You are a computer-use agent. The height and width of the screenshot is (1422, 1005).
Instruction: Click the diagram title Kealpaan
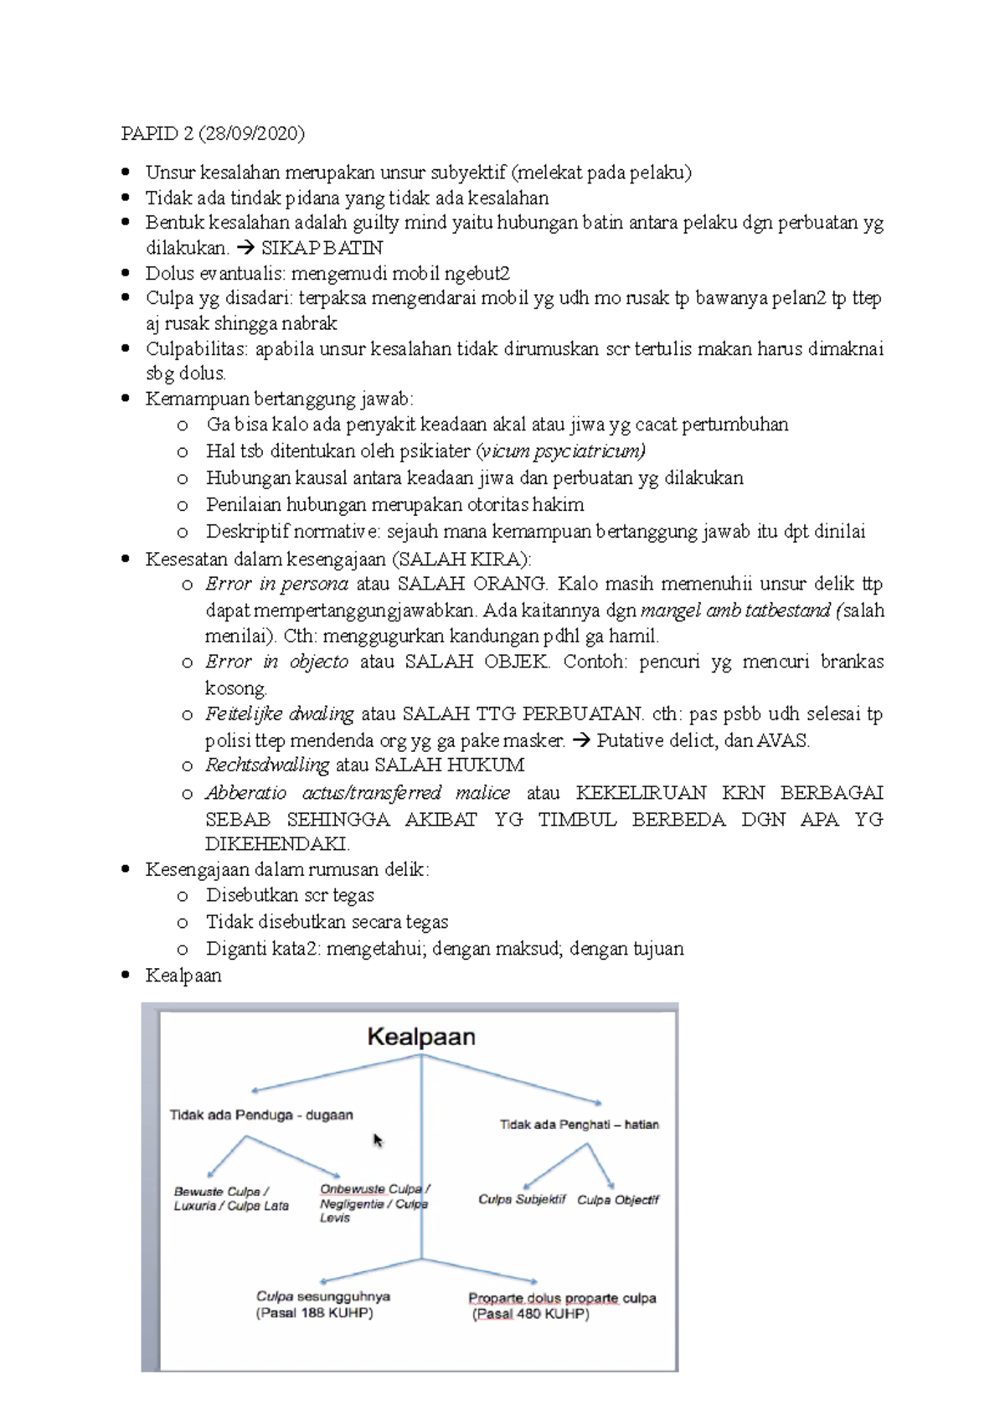pyautogui.click(x=421, y=1037)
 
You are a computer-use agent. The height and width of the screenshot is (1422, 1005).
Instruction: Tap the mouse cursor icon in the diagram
pyautogui.click(x=378, y=1141)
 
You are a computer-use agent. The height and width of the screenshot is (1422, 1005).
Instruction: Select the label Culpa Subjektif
pyautogui.click(x=522, y=1199)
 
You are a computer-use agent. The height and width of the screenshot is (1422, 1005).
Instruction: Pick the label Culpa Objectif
pyautogui.click(x=618, y=1199)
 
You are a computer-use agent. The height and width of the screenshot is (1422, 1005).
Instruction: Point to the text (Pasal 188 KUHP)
pyautogui.click(x=314, y=1313)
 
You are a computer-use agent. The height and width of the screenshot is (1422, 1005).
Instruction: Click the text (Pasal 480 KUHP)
pyautogui.click(x=530, y=1315)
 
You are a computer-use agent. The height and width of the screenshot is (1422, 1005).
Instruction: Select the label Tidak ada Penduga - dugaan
pyautogui.click(x=261, y=1115)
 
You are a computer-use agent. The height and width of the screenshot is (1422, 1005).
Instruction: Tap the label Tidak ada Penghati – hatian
pyautogui.click(x=579, y=1125)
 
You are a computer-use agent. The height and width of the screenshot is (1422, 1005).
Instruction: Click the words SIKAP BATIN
pyautogui.click(x=322, y=248)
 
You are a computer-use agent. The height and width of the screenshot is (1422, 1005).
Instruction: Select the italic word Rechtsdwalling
pyautogui.click(x=267, y=765)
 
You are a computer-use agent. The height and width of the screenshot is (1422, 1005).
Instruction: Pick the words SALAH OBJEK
pyautogui.click(x=476, y=662)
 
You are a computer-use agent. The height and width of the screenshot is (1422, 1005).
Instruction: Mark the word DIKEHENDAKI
pyautogui.click(x=276, y=843)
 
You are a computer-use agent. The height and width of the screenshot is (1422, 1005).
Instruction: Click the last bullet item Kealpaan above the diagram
pyautogui.click(x=183, y=975)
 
